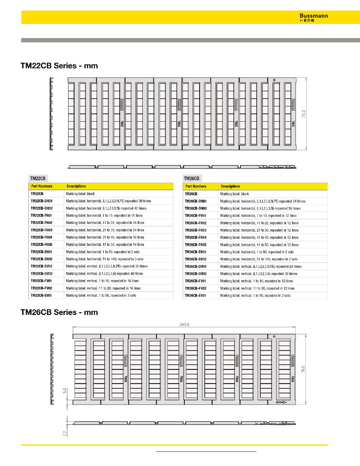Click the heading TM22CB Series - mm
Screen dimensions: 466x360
[x=59, y=66]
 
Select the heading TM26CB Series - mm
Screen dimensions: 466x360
[x=59, y=312]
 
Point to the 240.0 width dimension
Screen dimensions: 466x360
[x=184, y=324]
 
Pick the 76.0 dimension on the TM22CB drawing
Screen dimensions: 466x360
[x=309, y=114]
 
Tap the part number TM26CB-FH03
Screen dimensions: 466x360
[x=196, y=230]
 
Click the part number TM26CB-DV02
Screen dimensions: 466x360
[x=196, y=274]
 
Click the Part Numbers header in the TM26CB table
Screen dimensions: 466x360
[x=196, y=186]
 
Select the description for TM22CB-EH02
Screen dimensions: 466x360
[x=105, y=259]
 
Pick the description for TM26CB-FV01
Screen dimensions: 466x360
[x=256, y=281]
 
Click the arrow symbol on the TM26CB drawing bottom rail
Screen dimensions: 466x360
[x=281, y=402]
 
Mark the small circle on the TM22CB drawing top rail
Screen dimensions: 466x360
[x=274, y=80]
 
